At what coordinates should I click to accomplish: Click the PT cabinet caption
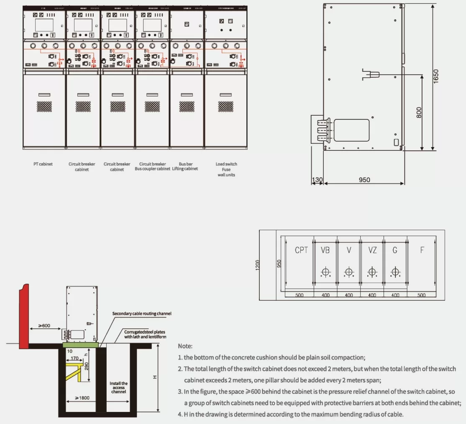tap(43, 164)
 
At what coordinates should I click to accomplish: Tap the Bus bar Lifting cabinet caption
tap(185, 166)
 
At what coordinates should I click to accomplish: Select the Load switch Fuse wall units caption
tap(226, 169)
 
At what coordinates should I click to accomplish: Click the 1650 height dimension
tap(436, 76)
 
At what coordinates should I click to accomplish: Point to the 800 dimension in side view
tap(419, 112)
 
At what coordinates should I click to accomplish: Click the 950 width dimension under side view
tap(364, 180)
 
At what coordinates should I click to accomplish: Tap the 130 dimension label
tap(317, 180)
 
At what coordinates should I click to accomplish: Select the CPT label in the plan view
tap(301, 250)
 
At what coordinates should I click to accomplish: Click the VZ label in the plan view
tap(372, 250)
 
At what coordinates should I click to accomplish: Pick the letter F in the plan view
tap(422, 250)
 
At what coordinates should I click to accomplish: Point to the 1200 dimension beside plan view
tap(258, 265)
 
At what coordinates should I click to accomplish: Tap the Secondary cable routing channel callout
tap(142, 314)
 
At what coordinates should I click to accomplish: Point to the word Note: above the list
tap(185, 346)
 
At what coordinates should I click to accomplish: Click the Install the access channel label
tap(118, 387)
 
